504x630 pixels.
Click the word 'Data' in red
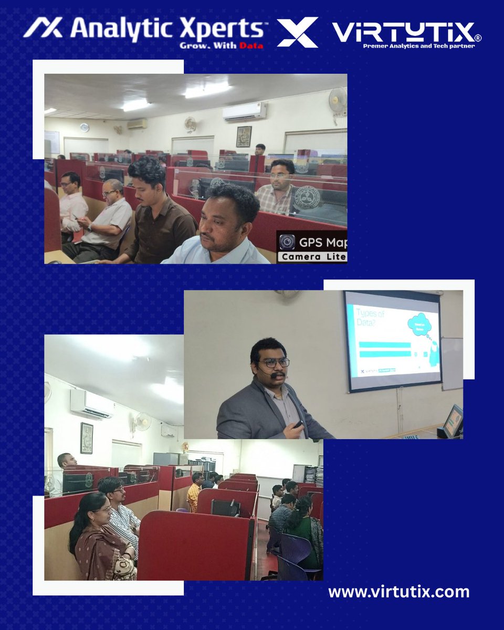pos(251,46)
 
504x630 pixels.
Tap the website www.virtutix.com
pos(398,592)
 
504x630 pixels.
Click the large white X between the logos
pos(297,32)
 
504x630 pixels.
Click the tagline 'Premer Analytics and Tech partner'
pos(418,46)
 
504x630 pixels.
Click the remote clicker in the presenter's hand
pos(298,423)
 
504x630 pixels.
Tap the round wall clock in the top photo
pos(85,127)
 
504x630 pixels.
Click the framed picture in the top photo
pos(244,136)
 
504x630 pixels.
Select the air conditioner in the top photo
pos(245,111)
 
